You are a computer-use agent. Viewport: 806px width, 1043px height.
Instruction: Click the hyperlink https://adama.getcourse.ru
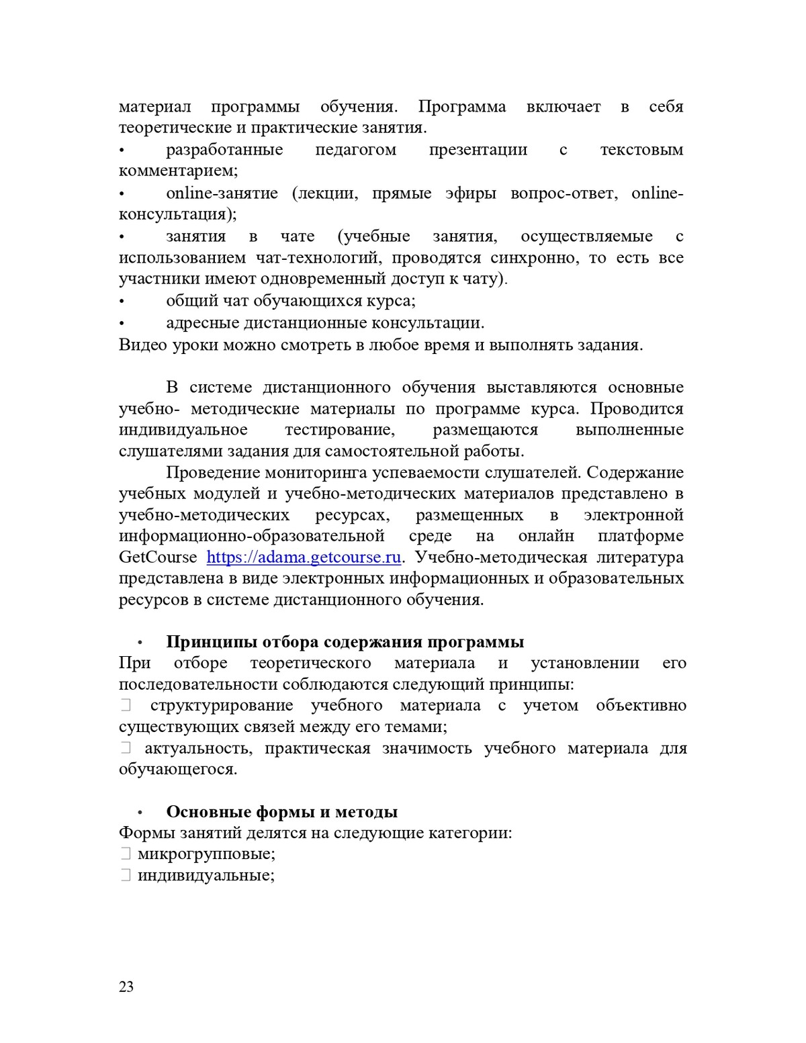tap(304, 557)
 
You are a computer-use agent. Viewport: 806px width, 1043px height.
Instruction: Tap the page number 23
tap(126, 987)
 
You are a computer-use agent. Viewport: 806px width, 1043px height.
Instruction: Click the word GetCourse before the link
tap(158, 557)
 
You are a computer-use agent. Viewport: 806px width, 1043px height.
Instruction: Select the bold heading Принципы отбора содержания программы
tap(345, 642)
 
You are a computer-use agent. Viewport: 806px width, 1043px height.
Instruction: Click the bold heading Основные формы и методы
tap(281, 812)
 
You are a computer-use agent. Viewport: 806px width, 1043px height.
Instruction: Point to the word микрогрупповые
tap(206, 854)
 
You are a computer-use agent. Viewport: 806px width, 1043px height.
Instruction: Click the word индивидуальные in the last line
tap(206, 876)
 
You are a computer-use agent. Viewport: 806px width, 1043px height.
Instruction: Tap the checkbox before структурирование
tap(125, 705)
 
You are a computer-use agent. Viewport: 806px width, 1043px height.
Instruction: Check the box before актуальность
tap(125, 748)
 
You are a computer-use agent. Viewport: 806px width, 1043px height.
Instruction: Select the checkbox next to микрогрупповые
tap(125, 854)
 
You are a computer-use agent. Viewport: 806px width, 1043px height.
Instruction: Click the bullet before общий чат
tap(122, 302)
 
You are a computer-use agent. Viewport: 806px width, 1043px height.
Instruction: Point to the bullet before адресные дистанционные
tap(122, 324)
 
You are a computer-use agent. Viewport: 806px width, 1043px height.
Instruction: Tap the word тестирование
tap(340, 430)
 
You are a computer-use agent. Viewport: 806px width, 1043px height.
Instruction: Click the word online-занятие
tap(222, 193)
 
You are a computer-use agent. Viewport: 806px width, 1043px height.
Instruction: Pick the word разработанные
tap(224, 150)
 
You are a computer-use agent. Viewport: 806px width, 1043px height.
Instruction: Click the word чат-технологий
tap(319, 258)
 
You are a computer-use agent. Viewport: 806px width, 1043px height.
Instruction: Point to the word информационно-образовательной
tap(251, 536)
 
